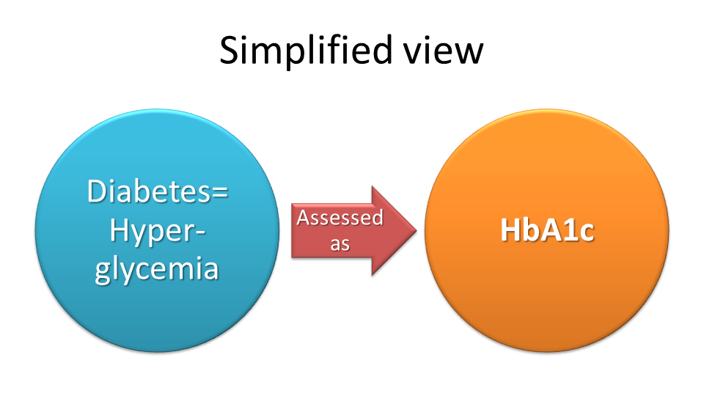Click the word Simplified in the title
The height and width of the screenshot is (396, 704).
[x=305, y=51]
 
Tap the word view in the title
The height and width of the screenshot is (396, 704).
[x=443, y=50]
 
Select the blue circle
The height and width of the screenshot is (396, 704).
[x=157, y=230]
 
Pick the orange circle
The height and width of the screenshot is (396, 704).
[x=547, y=230]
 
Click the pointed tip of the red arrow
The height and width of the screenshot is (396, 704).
[x=417, y=231]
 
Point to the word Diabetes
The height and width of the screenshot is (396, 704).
[x=149, y=191]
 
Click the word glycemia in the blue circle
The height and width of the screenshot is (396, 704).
[x=157, y=269]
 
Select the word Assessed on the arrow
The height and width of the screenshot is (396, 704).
[x=340, y=218]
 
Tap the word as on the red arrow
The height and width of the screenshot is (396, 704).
[x=340, y=243]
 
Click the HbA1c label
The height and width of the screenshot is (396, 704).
[x=547, y=230]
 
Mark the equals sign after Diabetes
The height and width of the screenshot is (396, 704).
[x=219, y=193]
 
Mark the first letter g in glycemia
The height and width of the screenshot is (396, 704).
[x=103, y=272]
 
